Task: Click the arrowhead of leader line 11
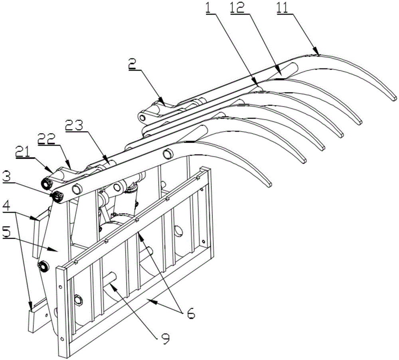coord(318,53)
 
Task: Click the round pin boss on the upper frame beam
coord(168,153)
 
